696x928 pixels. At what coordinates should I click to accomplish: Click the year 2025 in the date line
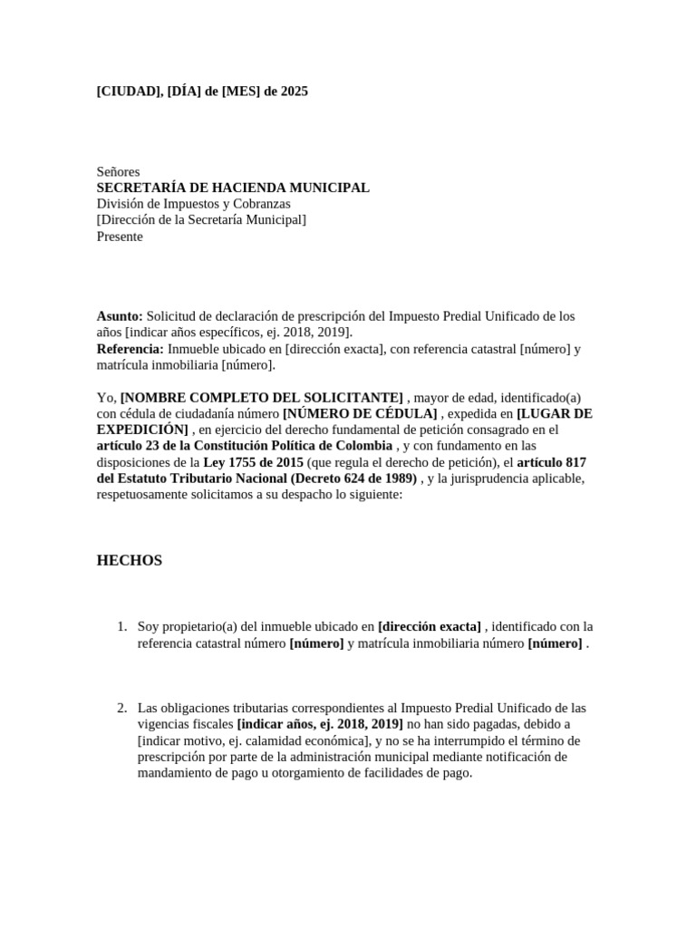(x=294, y=92)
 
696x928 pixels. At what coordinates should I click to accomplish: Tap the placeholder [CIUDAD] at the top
(x=130, y=92)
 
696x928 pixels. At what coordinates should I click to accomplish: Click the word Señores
(x=119, y=171)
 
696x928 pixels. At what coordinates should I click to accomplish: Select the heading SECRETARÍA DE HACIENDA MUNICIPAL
(x=233, y=188)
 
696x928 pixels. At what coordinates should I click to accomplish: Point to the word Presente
(x=120, y=237)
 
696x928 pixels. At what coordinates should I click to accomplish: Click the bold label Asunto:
(x=120, y=316)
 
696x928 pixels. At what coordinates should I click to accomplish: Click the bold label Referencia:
(x=130, y=349)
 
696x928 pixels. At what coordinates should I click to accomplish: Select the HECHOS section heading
(x=130, y=561)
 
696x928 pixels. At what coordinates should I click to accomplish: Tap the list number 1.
(x=121, y=626)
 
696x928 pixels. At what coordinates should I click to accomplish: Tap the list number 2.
(x=121, y=708)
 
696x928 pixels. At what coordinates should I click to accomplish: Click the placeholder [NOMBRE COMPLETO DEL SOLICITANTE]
(x=262, y=398)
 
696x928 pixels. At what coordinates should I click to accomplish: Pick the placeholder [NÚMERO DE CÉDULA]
(x=360, y=414)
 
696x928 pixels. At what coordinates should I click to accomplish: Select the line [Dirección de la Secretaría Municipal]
(x=201, y=220)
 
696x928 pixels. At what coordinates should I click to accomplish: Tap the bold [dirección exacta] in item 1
(x=430, y=626)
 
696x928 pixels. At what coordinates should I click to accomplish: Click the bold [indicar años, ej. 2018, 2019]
(x=320, y=724)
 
